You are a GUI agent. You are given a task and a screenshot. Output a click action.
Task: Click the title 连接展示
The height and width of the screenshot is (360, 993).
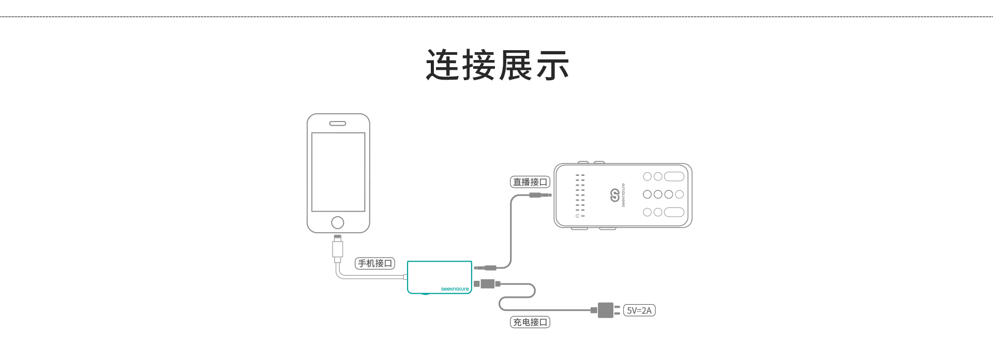coord(497,66)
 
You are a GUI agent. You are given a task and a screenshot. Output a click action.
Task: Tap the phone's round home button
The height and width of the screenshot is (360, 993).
coord(338,222)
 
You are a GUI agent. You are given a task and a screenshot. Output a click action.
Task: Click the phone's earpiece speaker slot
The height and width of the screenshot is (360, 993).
coord(338,124)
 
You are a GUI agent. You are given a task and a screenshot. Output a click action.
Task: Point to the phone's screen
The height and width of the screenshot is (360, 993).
coord(338,172)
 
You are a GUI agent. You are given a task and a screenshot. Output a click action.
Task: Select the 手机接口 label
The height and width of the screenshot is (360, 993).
coord(375,263)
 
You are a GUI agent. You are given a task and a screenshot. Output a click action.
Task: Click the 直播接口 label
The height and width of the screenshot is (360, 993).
coord(530,182)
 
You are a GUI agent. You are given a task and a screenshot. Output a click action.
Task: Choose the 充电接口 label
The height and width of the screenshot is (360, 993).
coord(530,322)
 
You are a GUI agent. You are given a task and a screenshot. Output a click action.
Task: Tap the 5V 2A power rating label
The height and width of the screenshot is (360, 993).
coord(639,310)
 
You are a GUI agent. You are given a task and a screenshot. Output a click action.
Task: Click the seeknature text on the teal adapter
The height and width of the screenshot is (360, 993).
coord(455,289)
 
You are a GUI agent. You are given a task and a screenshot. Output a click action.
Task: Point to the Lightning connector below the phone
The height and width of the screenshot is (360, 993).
coord(338,248)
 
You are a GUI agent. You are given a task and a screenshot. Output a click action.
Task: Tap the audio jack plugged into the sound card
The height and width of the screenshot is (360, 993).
coord(539,195)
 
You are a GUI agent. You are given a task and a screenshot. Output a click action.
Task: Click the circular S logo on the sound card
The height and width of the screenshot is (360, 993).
coord(615,196)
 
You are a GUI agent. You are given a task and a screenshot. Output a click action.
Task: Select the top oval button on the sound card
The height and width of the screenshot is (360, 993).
coord(674,176)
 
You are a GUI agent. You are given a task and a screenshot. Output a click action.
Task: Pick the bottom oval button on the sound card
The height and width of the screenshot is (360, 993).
coord(674,212)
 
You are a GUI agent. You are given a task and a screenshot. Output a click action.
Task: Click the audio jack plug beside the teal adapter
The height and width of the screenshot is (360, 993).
coord(486,268)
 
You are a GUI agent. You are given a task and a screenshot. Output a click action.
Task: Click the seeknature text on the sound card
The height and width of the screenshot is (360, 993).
coord(624,196)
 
